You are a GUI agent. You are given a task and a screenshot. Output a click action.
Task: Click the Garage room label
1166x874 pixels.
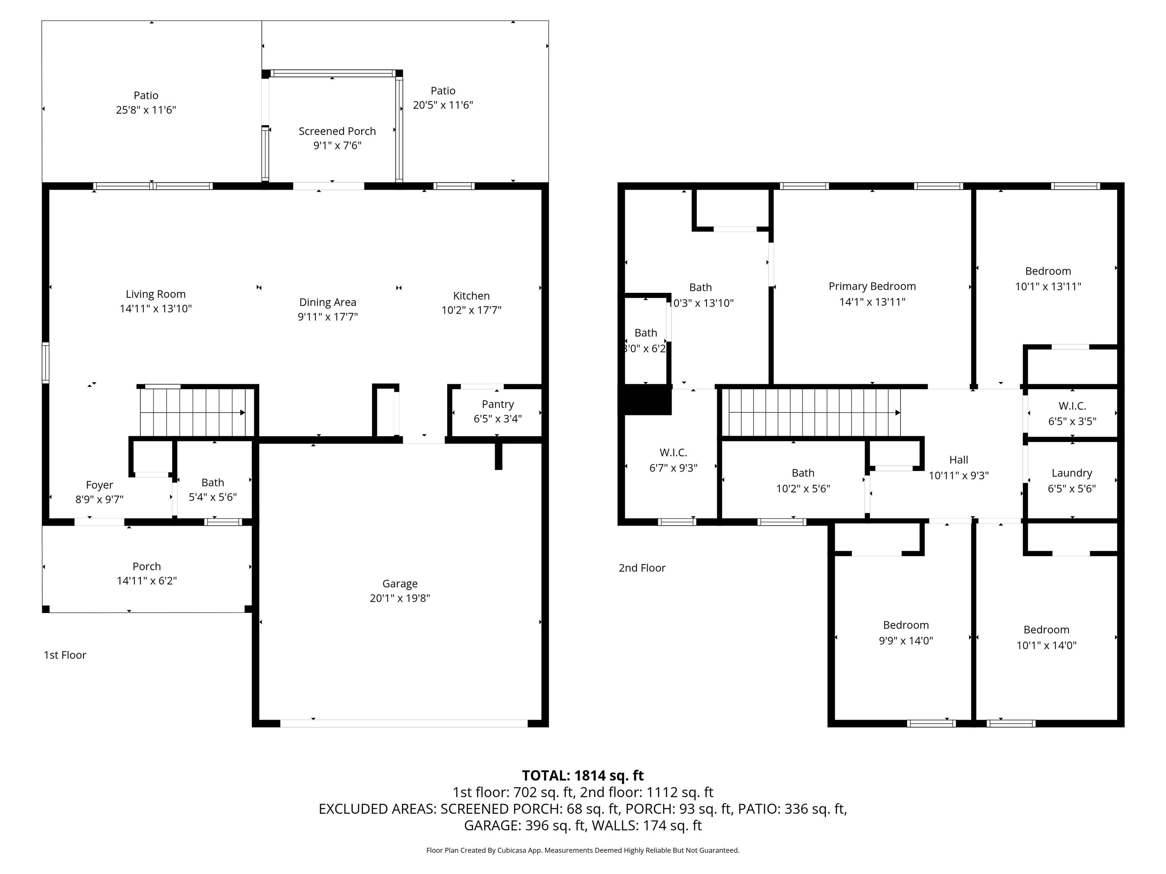(x=400, y=584)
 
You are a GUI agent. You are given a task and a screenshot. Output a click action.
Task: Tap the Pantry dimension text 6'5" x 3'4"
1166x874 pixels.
(x=497, y=419)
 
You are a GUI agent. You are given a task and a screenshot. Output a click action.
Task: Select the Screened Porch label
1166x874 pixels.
(x=337, y=131)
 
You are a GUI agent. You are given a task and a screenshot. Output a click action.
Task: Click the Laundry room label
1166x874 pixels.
(x=1071, y=473)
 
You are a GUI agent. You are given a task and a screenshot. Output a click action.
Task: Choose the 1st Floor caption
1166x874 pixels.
(x=65, y=655)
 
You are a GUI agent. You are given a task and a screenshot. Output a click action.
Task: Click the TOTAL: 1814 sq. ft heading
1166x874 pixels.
(x=583, y=775)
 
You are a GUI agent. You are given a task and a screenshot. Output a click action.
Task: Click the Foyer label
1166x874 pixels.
(x=99, y=485)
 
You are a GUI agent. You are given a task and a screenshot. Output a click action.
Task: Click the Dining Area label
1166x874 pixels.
(x=327, y=302)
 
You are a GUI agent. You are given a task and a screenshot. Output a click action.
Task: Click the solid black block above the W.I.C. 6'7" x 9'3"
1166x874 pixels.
(x=647, y=400)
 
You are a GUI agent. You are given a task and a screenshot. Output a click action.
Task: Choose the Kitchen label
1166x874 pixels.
(x=471, y=296)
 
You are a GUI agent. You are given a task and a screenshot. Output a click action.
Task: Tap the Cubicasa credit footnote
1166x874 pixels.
(x=583, y=850)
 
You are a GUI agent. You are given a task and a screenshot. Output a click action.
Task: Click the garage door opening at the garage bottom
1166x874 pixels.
(x=403, y=723)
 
